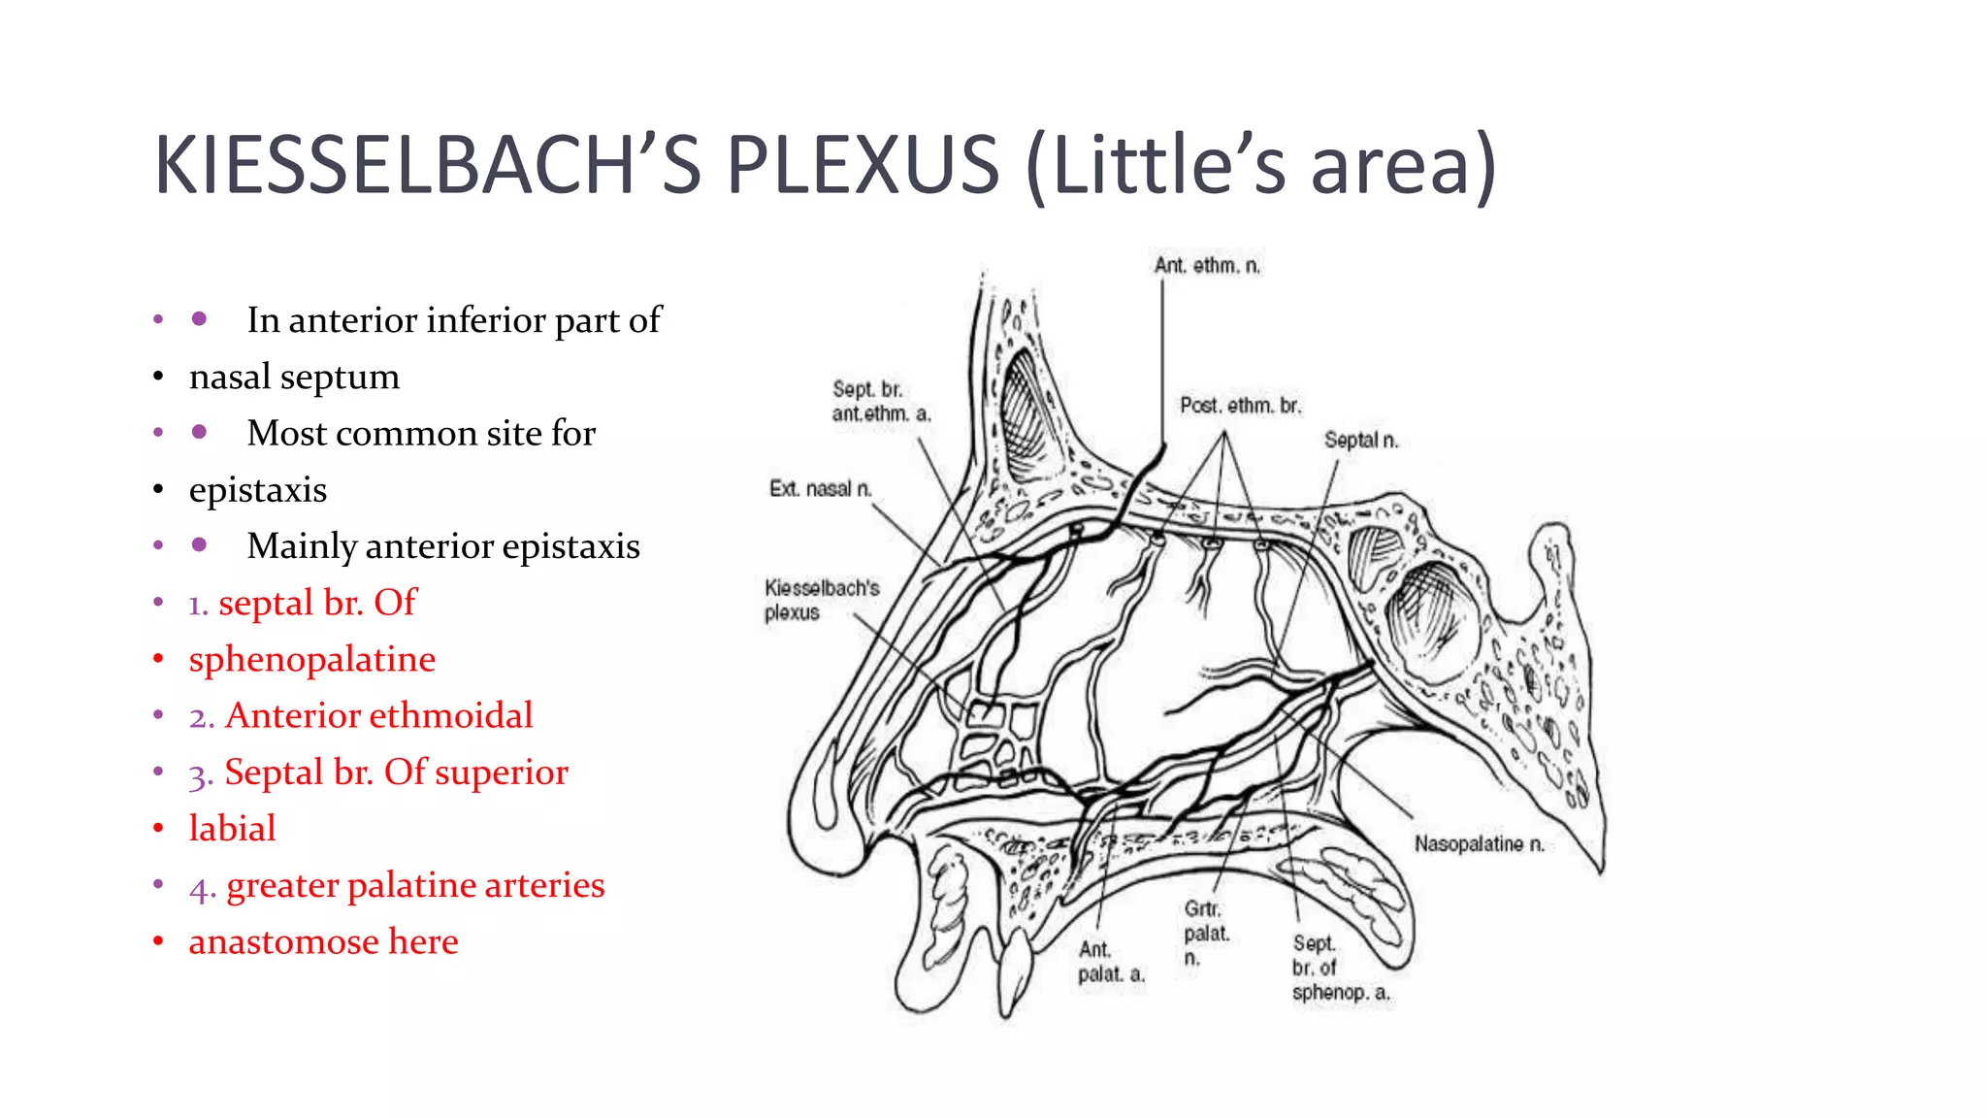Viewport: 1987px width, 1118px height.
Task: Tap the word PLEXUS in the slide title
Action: coord(863,165)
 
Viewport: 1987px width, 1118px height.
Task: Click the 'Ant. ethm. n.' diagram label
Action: coord(1207,266)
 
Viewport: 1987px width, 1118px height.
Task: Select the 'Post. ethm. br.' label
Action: coord(1240,406)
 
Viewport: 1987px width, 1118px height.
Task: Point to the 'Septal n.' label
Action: coord(1361,441)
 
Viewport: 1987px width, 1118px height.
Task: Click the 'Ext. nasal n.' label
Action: coord(820,489)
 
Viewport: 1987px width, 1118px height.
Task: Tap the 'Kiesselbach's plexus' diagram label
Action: coord(821,600)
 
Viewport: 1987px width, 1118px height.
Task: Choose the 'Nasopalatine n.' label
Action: coord(1479,844)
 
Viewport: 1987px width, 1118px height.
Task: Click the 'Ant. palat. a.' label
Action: coord(1111,962)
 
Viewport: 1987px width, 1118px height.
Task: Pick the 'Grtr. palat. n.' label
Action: coord(1206,933)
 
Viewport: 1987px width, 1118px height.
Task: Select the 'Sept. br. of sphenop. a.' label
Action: coord(1340,968)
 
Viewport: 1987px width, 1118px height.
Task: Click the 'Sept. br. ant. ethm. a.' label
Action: coord(880,402)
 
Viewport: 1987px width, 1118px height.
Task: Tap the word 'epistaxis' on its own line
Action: coord(258,490)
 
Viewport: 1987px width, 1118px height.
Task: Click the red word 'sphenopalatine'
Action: coord(311,660)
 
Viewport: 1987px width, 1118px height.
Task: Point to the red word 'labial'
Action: coord(232,829)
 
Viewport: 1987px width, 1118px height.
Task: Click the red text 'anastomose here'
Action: coord(323,942)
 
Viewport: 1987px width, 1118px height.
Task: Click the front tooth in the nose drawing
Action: coord(1013,970)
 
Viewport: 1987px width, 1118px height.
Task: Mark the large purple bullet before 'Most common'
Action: coord(199,432)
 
